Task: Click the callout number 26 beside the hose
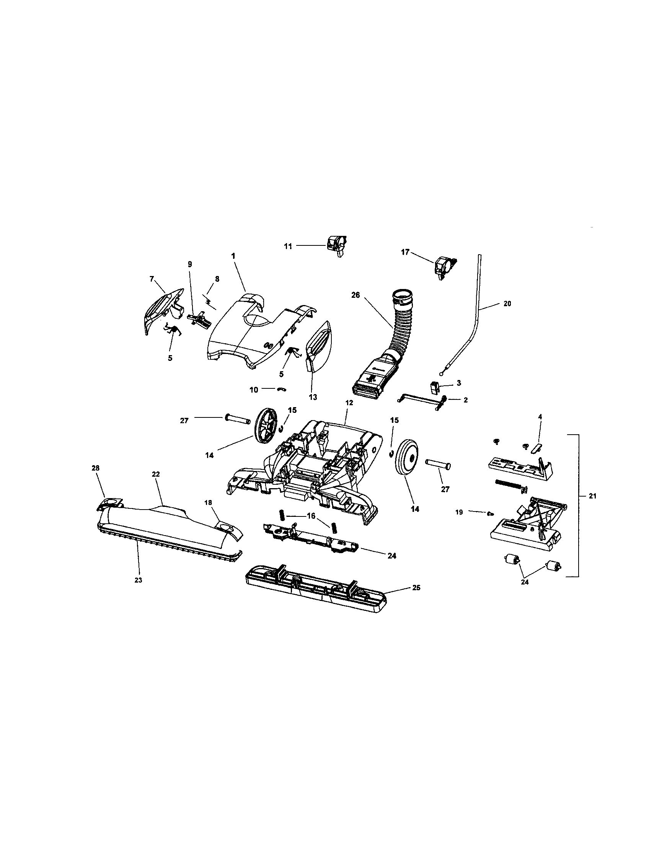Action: [355, 295]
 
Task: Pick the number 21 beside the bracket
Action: [592, 496]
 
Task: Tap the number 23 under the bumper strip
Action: [139, 580]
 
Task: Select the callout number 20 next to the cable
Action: [507, 304]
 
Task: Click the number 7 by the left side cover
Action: [152, 278]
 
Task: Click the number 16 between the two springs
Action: [311, 516]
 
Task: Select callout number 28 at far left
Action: [95, 468]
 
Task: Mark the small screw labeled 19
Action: [490, 513]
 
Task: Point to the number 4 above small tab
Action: [540, 417]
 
